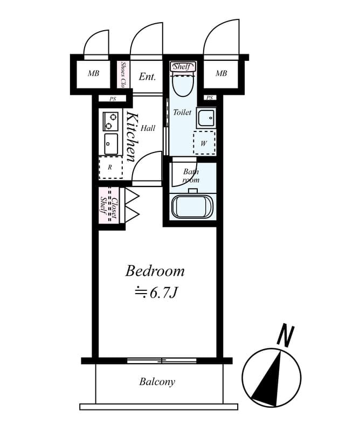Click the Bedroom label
click(x=155, y=270)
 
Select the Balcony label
click(x=157, y=382)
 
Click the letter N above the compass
click(x=285, y=336)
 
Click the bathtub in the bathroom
click(x=192, y=207)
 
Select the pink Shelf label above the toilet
click(x=183, y=67)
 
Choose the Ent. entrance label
click(x=147, y=77)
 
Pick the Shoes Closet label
click(x=123, y=75)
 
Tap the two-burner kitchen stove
click(x=110, y=121)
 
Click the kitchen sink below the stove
click(x=110, y=143)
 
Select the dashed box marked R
click(x=110, y=168)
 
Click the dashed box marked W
click(x=204, y=143)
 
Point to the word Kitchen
click(x=131, y=137)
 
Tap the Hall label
click(x=148, y=128)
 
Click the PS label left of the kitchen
click(x=113, y=99)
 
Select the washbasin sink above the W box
click(x=205, y=117)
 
